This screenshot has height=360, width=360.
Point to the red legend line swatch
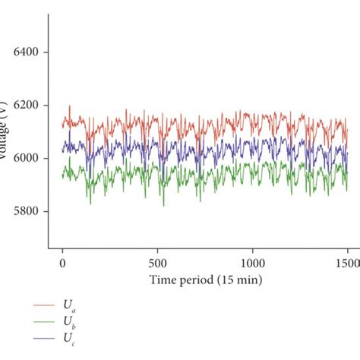point(43,306)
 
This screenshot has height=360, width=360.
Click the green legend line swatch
point(43,322)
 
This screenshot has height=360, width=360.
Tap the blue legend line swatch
point(43,338)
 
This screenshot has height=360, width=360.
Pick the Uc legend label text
point(69,339)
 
